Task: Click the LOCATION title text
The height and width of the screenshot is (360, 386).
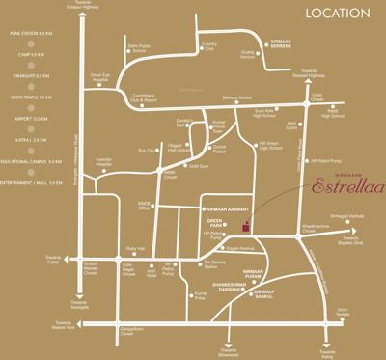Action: click(x=338, y=14)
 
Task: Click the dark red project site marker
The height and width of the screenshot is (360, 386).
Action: click(x=245, y=228)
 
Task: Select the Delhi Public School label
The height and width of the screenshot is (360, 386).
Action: click(x=143, y=48)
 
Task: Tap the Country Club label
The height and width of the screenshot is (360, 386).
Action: click(x=208, y=45)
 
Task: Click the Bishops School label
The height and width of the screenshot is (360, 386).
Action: click(x=237, y=98)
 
